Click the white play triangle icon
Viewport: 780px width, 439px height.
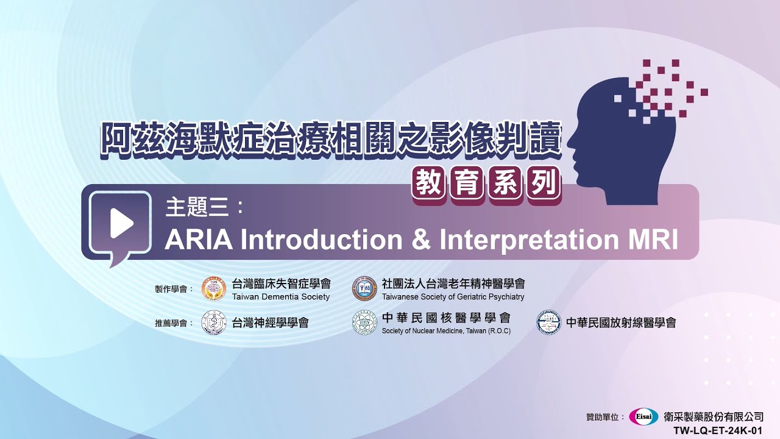pyautogui.click(x=122, y=224)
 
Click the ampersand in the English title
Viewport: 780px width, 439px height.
pyautogui.click(x=421, y=240)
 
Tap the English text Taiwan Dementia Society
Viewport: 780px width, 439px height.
pyautogui.click(x=281, y=297)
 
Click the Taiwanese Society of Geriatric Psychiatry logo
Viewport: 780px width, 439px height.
pyautogui.click(x=364, y=288)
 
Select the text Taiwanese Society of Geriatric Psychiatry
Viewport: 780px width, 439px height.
pyautogui.click(x=453, y=297)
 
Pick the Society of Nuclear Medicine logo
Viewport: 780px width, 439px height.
pyautogui.click(x=364, y=323)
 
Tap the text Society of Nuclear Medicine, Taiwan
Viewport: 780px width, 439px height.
pyautogui.click(x=446, y=331)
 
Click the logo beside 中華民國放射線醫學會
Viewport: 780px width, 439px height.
pyautogui.click(x=548, y=323)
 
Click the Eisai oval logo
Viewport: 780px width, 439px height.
pyautogui.click(x=643, y=416)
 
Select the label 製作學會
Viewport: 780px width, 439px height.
pyautogui.click(x=171, y=289)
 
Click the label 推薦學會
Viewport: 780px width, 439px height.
pyautogui.click(x=171, y=323)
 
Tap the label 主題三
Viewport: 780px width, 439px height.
pyautogui.click(x=196, y=207)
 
